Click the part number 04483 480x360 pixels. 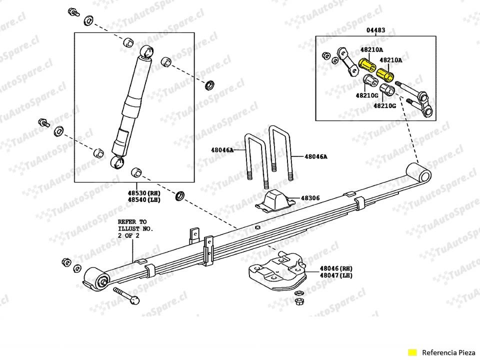point(375,30)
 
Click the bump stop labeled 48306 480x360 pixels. point(274,200)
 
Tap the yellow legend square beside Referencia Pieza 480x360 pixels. point(412,351)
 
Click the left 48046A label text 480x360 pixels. point(222,150)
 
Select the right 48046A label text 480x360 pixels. point(315,156)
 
